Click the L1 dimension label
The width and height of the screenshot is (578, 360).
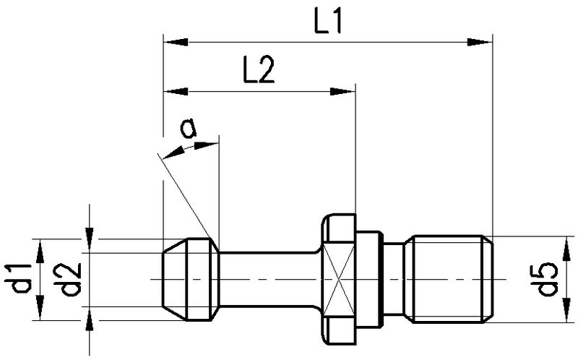tap(327, 23)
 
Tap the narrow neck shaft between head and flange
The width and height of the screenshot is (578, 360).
tap(267, 279)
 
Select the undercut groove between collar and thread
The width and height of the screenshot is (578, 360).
tap(396, 279)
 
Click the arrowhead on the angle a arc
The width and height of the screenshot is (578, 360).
tap(174, 151)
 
